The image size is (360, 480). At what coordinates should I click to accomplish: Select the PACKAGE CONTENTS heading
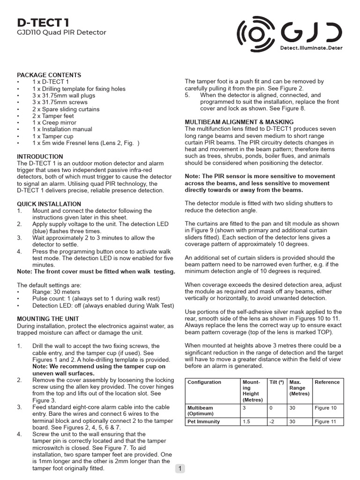(49, 75)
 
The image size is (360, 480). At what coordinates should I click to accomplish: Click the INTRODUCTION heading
(40, 157)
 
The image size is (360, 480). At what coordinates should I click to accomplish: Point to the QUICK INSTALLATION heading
(49, 204)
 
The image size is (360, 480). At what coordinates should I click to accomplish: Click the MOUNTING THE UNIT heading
(47, 319)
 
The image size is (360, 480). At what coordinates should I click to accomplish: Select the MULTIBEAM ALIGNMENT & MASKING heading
(239, 122)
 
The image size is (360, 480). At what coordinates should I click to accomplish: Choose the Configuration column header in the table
(204, 382)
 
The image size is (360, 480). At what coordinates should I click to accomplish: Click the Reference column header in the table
(327, 382)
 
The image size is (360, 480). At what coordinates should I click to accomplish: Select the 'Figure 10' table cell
(326, 408)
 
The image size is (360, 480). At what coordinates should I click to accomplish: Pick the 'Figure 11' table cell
(326, 422)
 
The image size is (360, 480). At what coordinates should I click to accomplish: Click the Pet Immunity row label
(204, 422)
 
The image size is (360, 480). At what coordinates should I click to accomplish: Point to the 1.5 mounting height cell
(247, 422)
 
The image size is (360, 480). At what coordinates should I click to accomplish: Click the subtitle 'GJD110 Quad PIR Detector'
(61, 33)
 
